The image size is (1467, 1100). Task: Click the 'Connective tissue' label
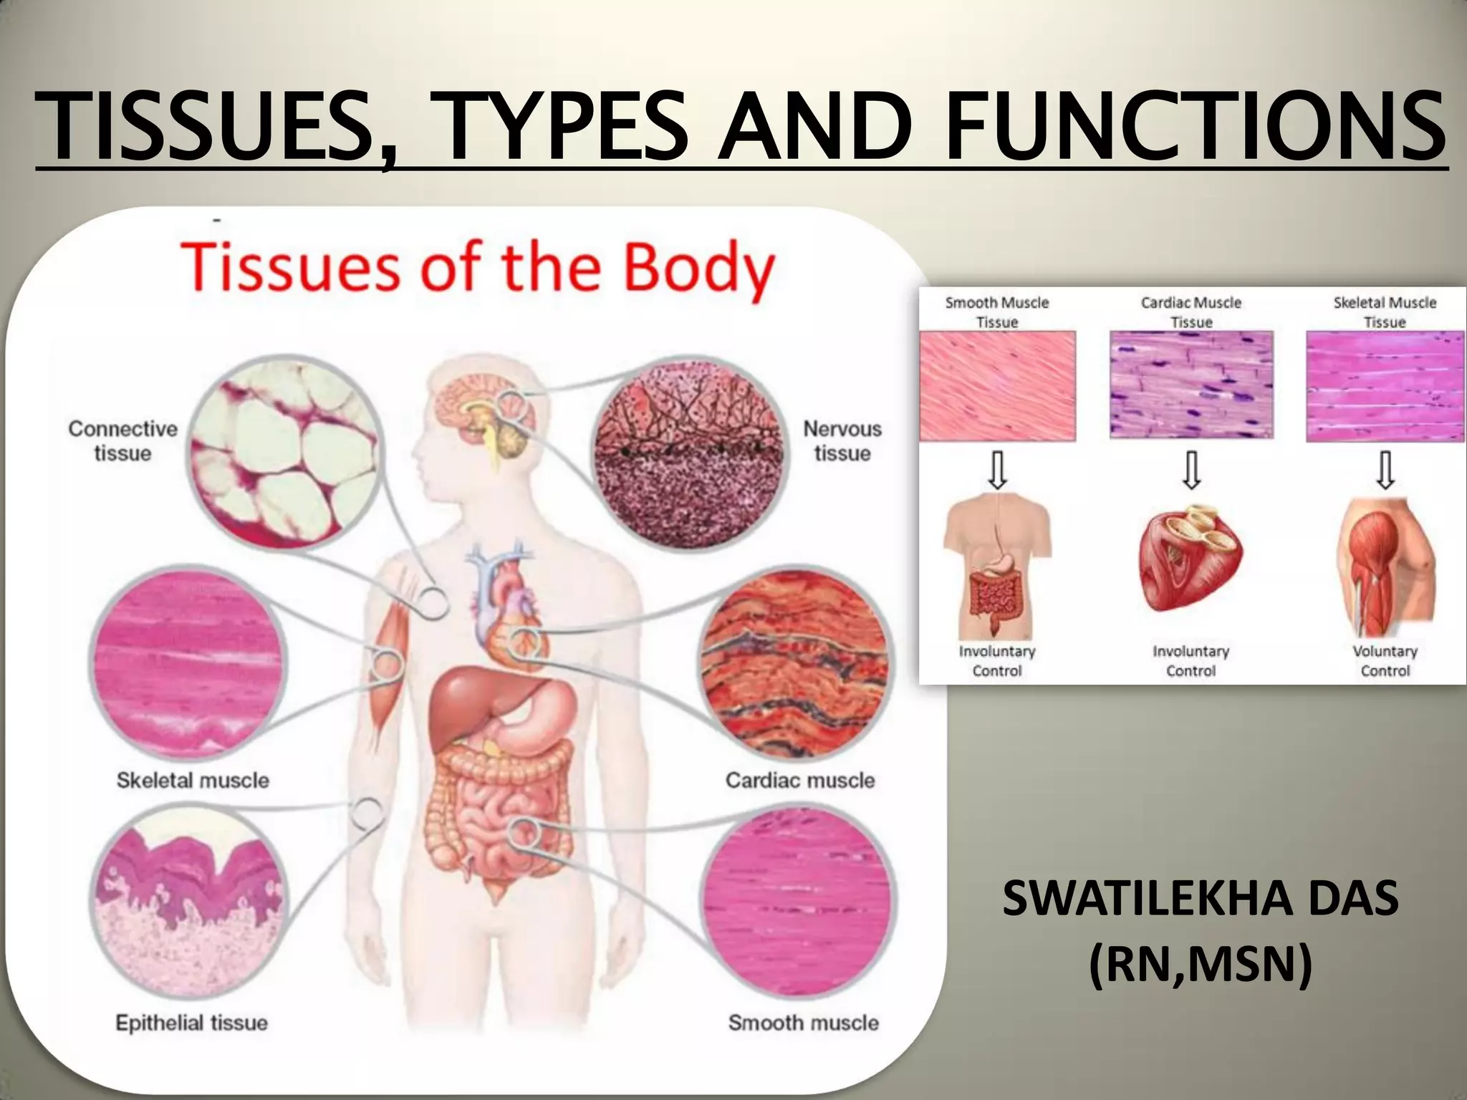[122, 440]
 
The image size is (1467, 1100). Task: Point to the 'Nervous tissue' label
[842, 440]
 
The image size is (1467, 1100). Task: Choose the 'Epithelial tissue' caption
[191, 1023]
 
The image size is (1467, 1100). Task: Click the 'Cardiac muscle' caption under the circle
[799, 780]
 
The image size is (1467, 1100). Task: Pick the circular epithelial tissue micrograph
[190, 902]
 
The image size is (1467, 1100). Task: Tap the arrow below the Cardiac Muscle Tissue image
[1191, 470]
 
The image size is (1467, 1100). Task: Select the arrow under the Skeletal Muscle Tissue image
[1385, 470]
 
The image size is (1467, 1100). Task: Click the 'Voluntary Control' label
[1385, 661]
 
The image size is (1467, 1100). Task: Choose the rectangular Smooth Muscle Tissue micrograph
[997, 385]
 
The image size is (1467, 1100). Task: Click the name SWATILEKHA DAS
[1200, 899]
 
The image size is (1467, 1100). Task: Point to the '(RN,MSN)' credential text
[1200, 964]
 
